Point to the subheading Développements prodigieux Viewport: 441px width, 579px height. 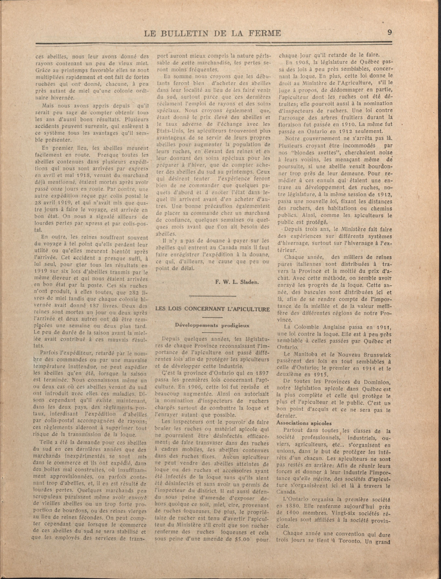tap(212, 325)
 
